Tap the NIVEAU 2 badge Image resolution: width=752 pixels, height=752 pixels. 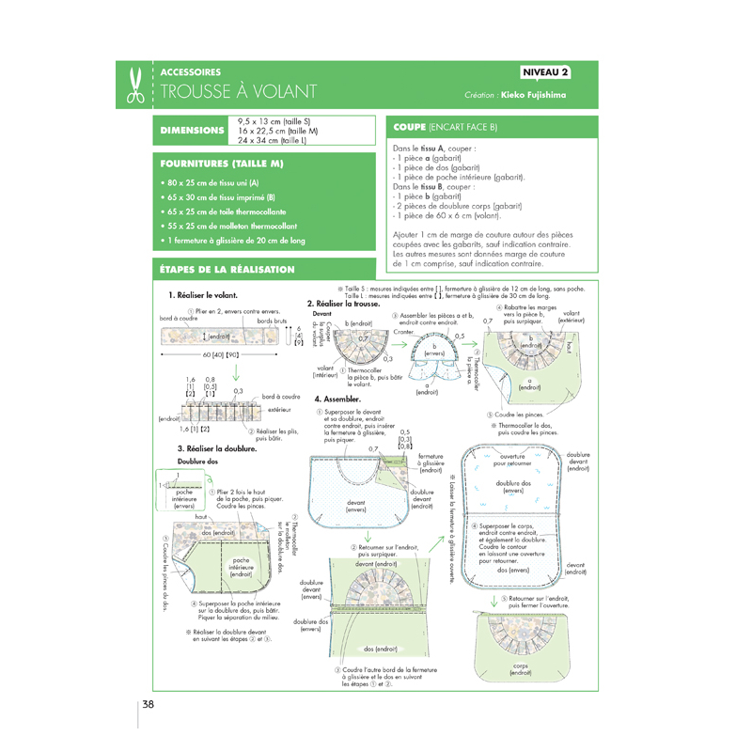coord(546,72)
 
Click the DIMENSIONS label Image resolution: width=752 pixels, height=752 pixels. coord(192,130)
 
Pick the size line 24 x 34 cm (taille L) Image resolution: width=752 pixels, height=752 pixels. coord(278,140)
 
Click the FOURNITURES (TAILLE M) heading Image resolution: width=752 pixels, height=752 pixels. coord(222,164)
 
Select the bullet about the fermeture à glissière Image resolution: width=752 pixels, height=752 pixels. coord(233,241)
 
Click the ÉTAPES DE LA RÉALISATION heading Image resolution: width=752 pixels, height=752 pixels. coord(228,270)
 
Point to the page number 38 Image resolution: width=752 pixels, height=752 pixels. coord(149,705)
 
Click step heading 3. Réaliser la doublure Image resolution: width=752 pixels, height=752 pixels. coord(217,450)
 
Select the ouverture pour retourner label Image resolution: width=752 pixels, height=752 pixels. coord(512,460)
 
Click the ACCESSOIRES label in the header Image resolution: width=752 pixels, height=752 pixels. coord(191,72)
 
